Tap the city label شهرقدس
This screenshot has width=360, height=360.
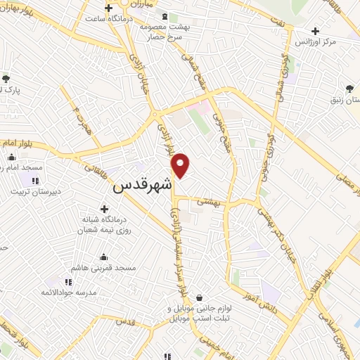[143, 186]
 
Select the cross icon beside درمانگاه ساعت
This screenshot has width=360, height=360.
[108, 8]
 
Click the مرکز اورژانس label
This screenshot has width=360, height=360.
[332, 42]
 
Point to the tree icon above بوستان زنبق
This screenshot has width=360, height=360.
[349, 89]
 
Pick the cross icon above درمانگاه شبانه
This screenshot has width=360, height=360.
[104, 209]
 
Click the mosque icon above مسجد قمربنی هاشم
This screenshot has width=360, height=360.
[104, 257]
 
